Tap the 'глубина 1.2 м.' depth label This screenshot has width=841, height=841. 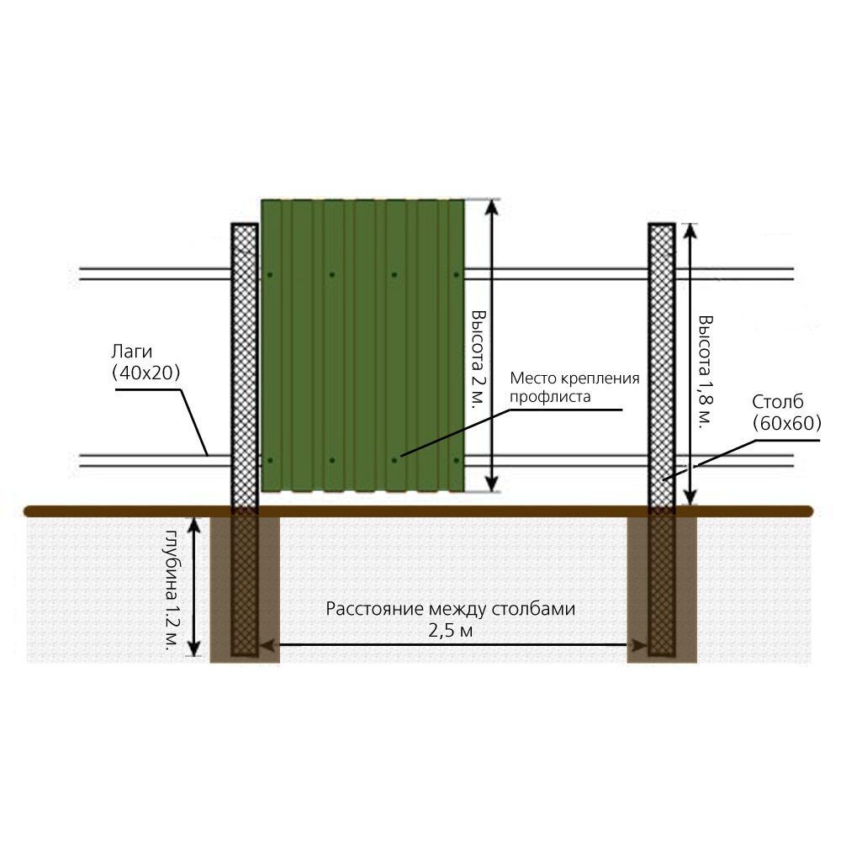point(172,589)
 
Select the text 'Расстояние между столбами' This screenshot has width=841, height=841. point(451,610)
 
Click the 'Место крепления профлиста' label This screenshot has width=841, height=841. point(575,386)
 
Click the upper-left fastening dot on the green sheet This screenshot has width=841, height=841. point(270,274)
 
